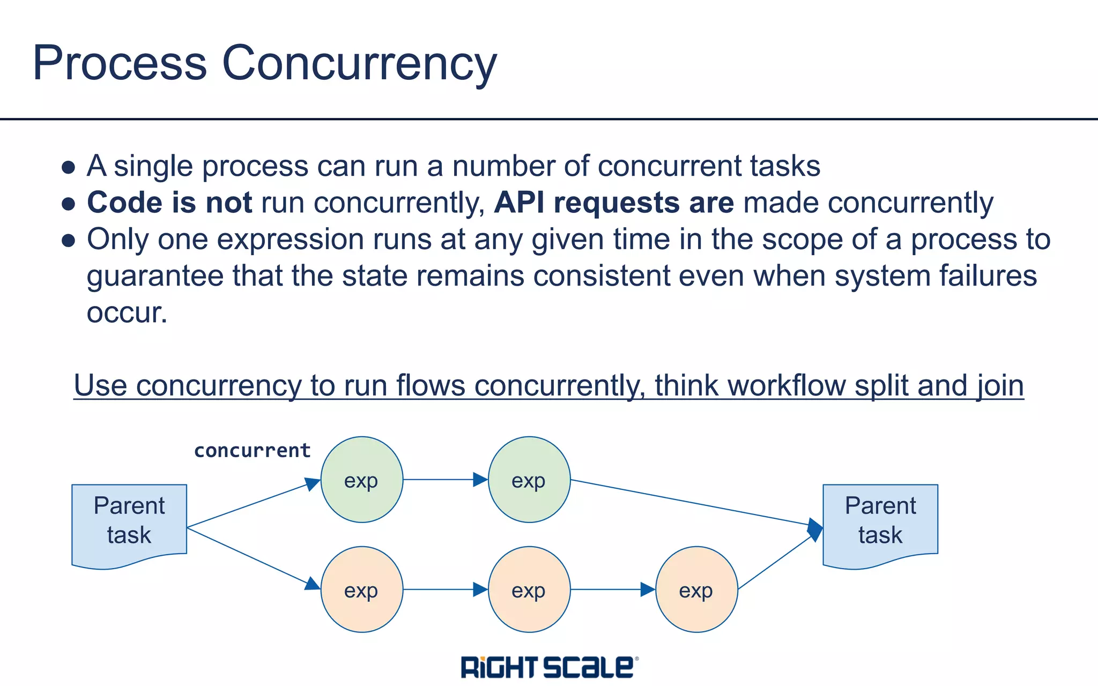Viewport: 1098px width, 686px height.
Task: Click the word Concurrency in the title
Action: [x=359, y=63]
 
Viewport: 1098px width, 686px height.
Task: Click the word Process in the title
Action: [x=120, y=63]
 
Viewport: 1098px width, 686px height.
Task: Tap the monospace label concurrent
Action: [x=252, y=450]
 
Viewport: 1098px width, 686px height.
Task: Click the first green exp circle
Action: [x=361, y=480]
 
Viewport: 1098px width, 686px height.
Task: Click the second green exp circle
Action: [x=529, y=480]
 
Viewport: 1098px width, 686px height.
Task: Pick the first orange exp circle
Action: [x=361, y=590]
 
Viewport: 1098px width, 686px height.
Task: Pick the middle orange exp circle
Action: [x=529, y=590]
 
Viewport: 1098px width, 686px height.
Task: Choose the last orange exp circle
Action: [x=696, y=590]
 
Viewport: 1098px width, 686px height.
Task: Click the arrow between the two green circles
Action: [x=445, y=480]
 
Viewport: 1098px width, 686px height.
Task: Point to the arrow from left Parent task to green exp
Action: [x=252, y=504]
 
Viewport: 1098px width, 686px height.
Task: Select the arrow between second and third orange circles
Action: [x=612, y=590]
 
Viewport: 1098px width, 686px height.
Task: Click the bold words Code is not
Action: [x=169, y=203]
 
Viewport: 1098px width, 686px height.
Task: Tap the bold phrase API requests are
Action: [x=613, y=203]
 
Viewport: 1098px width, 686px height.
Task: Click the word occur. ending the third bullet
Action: [x=127, y=312]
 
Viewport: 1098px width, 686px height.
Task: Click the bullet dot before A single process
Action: [x=68, y=167]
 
